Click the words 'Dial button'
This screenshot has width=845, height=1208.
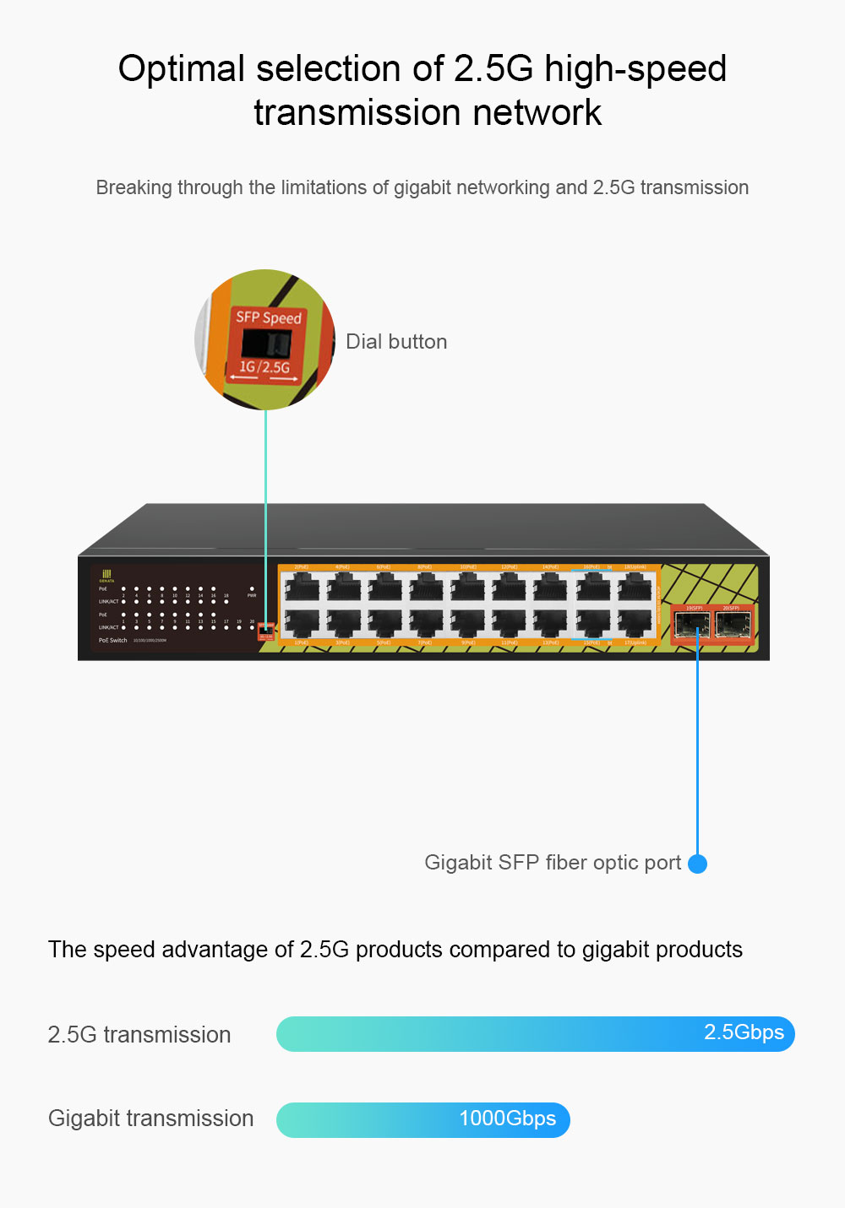click(x=396, y=342)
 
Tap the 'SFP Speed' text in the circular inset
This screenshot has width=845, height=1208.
click(x=269, y=317)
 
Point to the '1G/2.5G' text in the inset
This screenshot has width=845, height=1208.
click(x=264, y=367)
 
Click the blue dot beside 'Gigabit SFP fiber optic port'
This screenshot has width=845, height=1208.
click(x=697, y=864)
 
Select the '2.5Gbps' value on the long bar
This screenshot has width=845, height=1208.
click(x=744, y=1032)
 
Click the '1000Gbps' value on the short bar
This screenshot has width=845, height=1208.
click(x=507, y=1119)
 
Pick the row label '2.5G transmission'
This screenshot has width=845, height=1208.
click(x=139, y=1035)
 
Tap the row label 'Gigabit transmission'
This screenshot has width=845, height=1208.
click(x=150, y=1119)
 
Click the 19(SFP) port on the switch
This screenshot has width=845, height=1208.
click(x=692, y=625)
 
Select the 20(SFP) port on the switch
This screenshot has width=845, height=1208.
click(x=733, y=625)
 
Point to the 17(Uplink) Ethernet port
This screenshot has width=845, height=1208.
click(x=635, y=623)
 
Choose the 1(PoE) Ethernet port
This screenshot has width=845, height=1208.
click(x=302, y=623)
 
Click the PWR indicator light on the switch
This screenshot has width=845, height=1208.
click(x=252, y=588)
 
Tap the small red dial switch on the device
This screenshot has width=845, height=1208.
click(x=265, y=629)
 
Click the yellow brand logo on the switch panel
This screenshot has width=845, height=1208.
click(x=106, y=574)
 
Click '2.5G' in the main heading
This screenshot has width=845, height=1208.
click(x=493, y=68)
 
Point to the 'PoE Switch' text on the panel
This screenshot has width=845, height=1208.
click(x=112, y=641)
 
